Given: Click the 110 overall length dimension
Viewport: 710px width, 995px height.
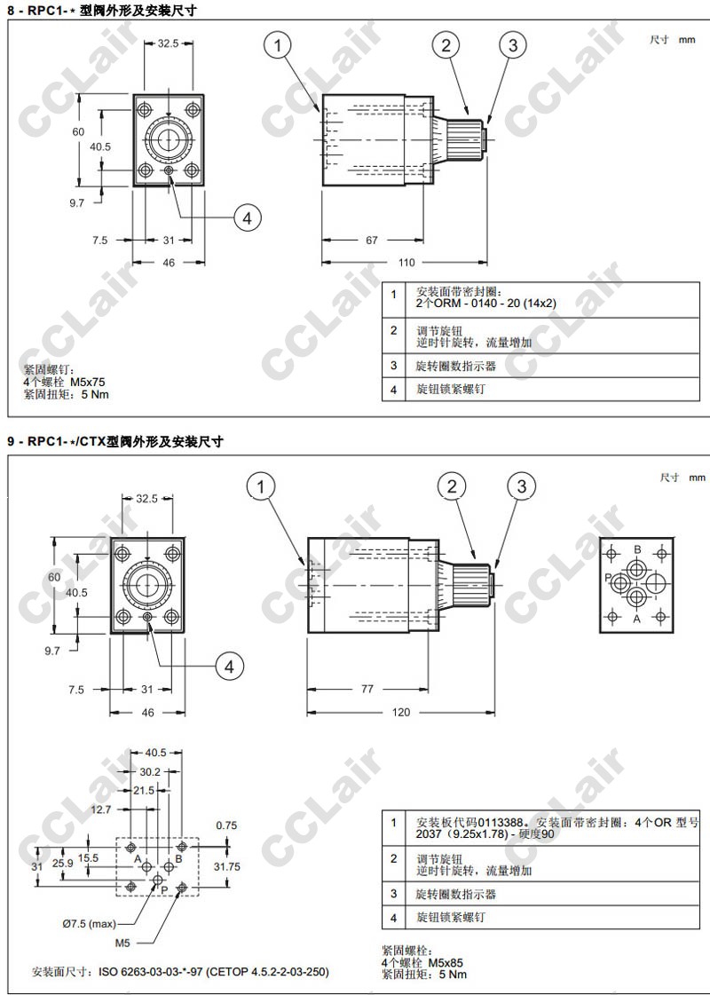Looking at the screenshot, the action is (406, 263).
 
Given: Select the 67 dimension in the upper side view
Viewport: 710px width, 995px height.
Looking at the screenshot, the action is (372, 241).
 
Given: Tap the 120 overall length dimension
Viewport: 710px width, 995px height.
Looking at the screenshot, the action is (401, 712).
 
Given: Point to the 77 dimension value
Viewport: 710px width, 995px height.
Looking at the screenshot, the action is (367, 689).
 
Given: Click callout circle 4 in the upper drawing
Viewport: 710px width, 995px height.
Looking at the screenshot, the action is (248, 217).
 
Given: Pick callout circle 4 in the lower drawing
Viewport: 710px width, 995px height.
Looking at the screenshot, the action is (229, 667).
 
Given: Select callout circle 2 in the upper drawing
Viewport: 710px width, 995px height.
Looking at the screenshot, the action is (446, 45).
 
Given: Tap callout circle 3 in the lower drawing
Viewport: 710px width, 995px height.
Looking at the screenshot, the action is (522, 486).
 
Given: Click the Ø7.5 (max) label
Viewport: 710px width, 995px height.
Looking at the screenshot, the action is (90, 924).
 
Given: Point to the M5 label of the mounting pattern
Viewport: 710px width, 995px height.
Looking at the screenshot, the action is (122, 943).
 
